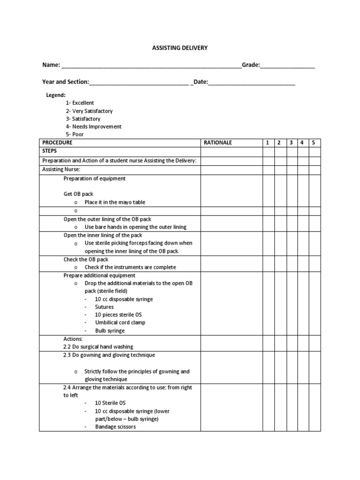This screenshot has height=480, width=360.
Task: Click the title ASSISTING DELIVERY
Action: pyautogui.click(x=180, y=48)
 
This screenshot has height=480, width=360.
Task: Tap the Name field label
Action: pyautogui.click(x=51, y=65)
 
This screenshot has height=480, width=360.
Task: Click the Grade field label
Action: pyautogui.click(x=251, y=65)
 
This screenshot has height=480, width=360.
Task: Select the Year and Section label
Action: pyautogui.click(x=65, y=82)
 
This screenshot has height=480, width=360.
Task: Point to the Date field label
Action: pyautogui.click(x=201, y=82)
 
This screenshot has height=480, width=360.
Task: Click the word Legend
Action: pyautogui.click(x=55, y=95)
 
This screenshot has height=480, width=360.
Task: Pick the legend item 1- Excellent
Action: pyautogui.click(x=80, y=103)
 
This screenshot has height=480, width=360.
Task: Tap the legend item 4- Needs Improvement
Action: pyautogui.click(x=93, y=127)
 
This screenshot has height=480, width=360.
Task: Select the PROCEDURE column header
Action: pyautogui.click(x=57, y=142)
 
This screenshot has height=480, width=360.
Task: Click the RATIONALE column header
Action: pyautogui.click(x=218, y=142)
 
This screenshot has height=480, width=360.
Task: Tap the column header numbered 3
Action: pyautogui.click(x=291, y=142)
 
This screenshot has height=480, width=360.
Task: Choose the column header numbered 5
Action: pyautogui.click(x=314, y=142)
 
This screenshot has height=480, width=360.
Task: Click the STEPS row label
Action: pyautogui.click(x=49, y=151)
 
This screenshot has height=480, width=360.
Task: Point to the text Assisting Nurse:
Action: pyautogui.click(x=61, y=169)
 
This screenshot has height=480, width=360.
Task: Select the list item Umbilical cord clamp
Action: pyautogui.click(x=120, y=322)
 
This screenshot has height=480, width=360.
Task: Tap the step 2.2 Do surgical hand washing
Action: pyautogui.click(x=98, y=347)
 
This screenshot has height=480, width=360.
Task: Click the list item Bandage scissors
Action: pyautogui.click(x=115, y=427)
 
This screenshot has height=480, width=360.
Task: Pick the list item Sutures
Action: pyautogui.click(x=104, y=307)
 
